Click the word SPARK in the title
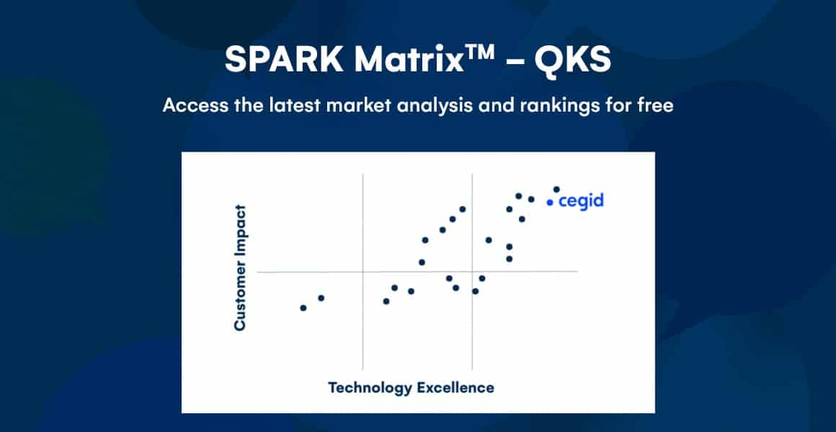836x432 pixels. [284, 59]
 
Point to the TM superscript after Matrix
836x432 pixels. [479, 52]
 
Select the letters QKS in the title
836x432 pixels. [574, 60]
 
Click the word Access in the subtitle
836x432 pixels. [194, 105]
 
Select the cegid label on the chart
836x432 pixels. [581, 202]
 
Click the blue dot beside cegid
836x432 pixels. [550, 202]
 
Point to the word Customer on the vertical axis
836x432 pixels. [241, 291]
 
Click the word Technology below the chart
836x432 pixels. [369, 387]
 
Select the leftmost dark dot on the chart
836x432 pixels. [303, 308]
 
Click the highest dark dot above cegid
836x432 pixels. [556, 189]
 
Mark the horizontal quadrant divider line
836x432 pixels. [417, 271]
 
